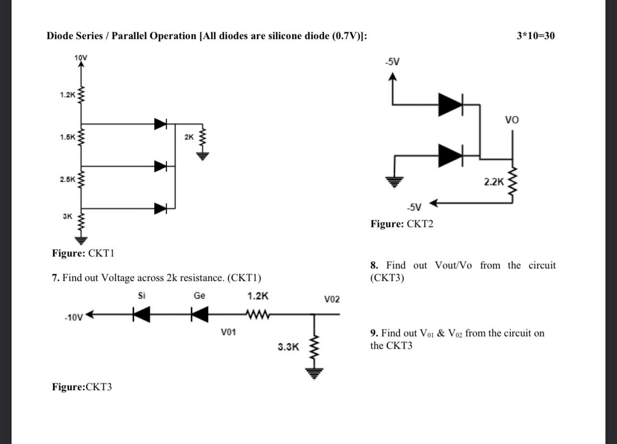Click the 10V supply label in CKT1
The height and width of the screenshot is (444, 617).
81,58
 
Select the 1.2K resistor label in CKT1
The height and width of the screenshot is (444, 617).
67,94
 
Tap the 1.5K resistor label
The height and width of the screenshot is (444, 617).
67,137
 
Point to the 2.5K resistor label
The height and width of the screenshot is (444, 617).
67,179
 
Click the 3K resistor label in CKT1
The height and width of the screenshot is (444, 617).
67,216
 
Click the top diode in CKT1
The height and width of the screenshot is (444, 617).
161,124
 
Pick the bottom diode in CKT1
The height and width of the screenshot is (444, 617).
161,208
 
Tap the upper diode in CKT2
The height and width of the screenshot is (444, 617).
451,104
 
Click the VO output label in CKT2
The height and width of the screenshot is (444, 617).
512,119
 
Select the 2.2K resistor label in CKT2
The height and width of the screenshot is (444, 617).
494,182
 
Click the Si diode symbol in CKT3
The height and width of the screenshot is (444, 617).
141,316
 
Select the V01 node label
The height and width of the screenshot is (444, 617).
228,332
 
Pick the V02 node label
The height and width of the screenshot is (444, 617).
332,299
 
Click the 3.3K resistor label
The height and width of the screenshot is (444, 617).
288,346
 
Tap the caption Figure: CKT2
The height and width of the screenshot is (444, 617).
402,224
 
